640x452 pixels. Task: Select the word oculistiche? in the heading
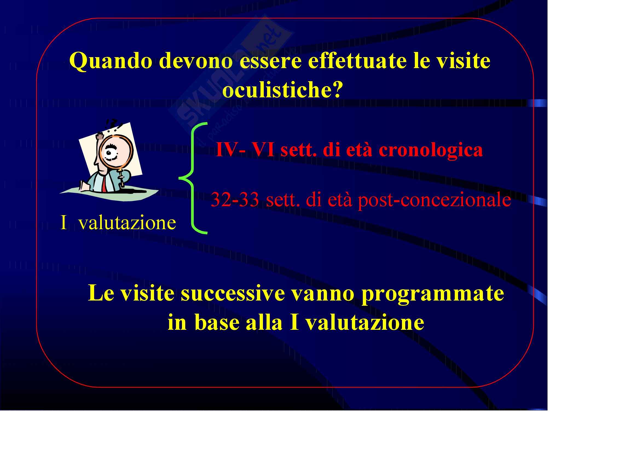(x=283, y=90)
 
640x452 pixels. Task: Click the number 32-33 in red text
(x=235, y=199)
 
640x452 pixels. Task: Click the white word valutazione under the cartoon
(x=127, y=223)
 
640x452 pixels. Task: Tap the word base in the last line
(x=217, y=322)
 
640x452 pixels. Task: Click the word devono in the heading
(x=196, y=60)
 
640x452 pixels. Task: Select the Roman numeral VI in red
(x=263, y=149)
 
